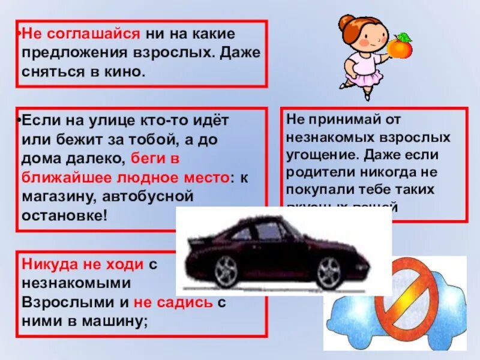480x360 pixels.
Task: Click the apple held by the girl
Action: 400,46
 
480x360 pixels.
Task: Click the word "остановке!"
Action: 64,215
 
